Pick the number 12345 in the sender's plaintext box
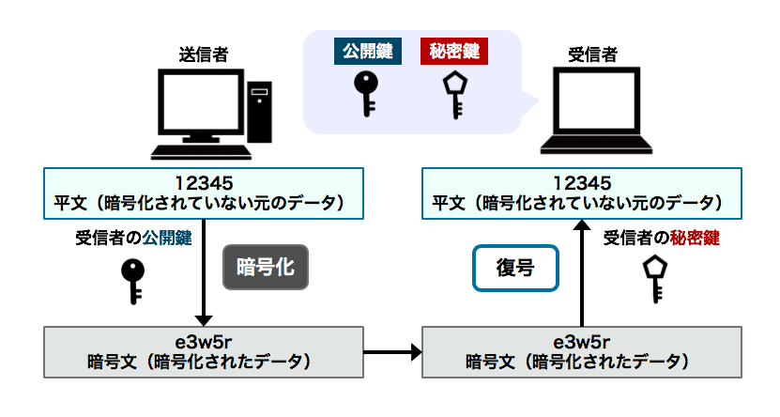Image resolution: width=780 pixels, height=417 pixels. click(x=204, y=181)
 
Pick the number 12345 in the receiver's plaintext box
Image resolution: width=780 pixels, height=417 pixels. click(x=582, y=181)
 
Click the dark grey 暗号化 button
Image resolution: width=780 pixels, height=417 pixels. click(x=266, y=267)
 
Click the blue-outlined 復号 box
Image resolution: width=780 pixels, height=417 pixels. click(x=515, y=268)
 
